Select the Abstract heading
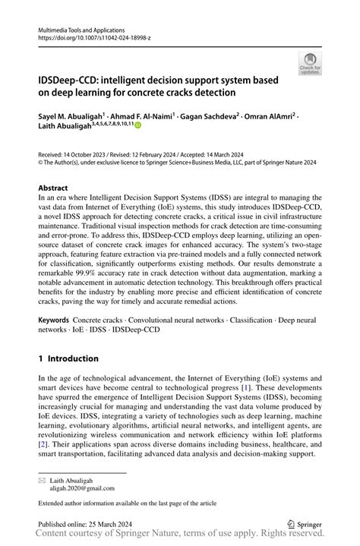[x=56, y=187]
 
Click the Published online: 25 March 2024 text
[x=84, y=524]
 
